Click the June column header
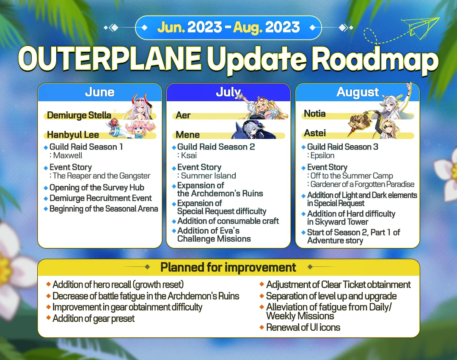[x=100, y=92]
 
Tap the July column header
[x=228, y=92]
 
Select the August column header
[x=358, y=92]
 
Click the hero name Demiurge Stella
[x=79, y=115]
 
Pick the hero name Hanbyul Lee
[x=73, y=135]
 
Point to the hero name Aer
[x=183, y=116]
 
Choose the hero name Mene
[x=188, y=135]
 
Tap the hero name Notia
[x=315, y=114]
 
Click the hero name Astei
[x=315, y=133]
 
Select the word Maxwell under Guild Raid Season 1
[x=68, y=155]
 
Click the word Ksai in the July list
[x=189, y=155]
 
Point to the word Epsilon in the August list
[x=322, y=155]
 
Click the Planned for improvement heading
[x=228, y=267]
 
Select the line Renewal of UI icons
[x=303, y=327]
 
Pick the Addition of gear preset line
[x=94, y=318]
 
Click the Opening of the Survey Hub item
[x=97, y=188]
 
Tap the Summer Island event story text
[x=208, y=176]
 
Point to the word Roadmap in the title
[x=374, y=61]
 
